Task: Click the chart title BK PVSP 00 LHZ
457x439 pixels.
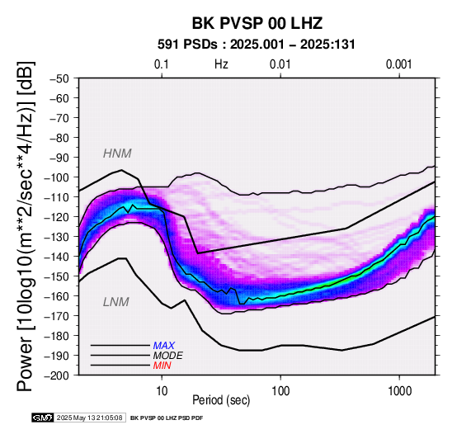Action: pos(257,23)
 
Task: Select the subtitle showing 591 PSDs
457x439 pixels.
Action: pos(257,45)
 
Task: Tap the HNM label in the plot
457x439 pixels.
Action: pos(117,153)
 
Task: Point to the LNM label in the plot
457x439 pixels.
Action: pos(116,302)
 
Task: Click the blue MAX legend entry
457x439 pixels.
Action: pos(164,346)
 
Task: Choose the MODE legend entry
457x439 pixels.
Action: pos(168,356)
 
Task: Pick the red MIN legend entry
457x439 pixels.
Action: pos(162,366)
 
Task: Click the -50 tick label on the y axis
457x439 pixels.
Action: pos(59,78)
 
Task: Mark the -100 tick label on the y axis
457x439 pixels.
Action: pos(57,177)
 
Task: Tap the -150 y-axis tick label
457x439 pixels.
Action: pos(57,276)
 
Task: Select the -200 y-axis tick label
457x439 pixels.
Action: pos(57,375)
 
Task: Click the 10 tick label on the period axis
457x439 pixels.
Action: pos(162,391)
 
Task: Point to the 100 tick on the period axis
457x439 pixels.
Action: pos(280,391)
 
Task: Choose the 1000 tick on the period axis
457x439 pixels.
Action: pos(399,391)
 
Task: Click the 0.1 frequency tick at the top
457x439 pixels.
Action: pos(162,64)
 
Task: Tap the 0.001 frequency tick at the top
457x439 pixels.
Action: pos(399,64)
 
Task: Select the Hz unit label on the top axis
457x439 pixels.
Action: pos(221,64)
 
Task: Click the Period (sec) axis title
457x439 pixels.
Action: pos(221,400)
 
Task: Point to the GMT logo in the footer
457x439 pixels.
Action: pos(43,418)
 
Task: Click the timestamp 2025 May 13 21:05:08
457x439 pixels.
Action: pos(89,418)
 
